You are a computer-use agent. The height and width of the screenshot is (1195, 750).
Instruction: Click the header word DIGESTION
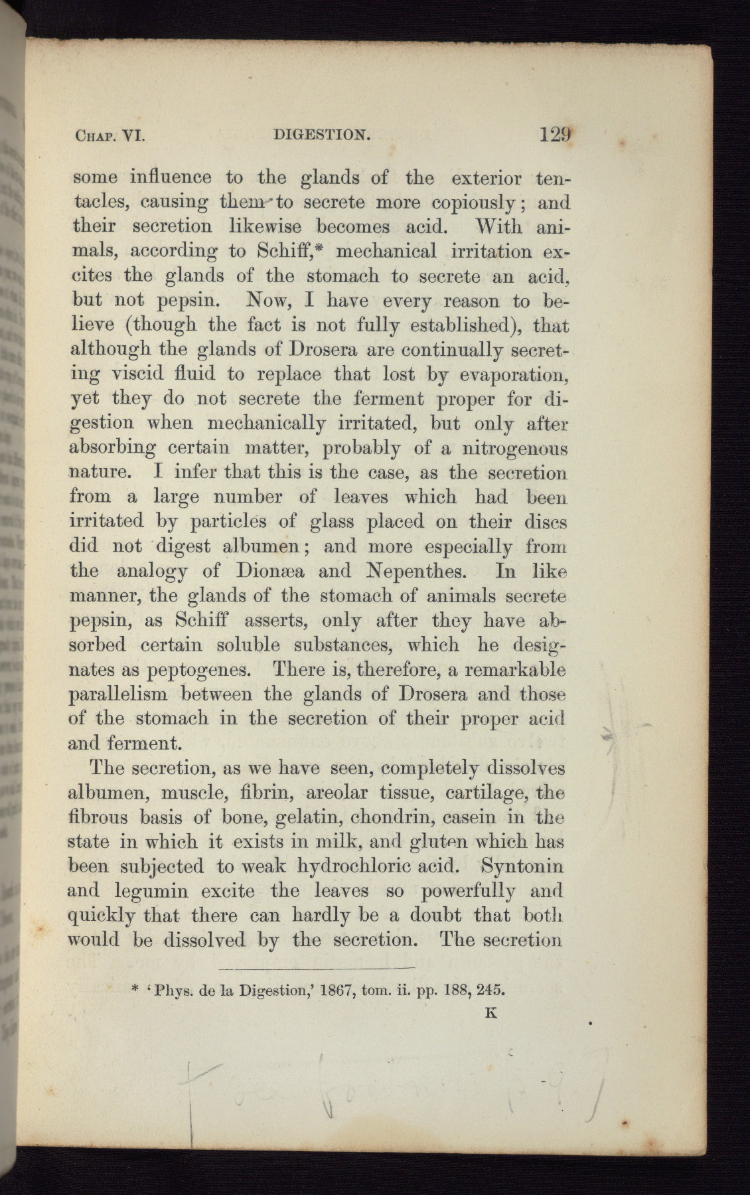[x=321, y=136]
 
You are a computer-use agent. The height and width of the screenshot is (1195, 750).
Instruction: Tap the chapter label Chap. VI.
[x=106, y=137]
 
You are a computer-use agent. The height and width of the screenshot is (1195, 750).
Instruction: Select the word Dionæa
[x=256, y=571]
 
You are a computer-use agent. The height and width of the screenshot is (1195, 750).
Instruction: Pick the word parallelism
[x=115, y=694]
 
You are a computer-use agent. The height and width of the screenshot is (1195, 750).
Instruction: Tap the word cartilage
[x=487, y=793]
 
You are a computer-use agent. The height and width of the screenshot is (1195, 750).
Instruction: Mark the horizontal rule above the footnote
[x=317, y=967]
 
